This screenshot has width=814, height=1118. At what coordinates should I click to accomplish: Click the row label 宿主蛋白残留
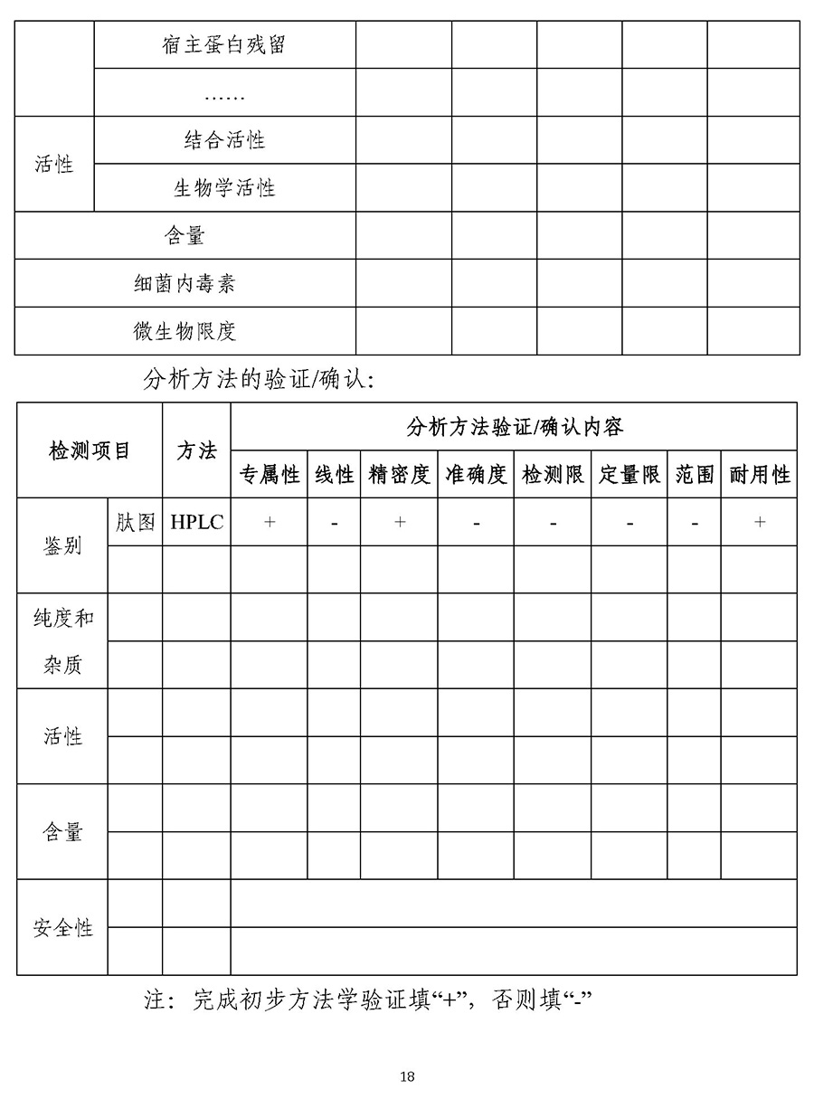tap(224, 44)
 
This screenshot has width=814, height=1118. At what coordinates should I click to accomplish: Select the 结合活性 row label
tap(224, 140)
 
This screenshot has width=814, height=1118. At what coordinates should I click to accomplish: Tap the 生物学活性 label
tap(224, 188)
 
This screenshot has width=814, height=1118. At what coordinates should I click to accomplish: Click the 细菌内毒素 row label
tap(185, 284)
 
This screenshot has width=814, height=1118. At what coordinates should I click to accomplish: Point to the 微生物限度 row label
tap(185, 331)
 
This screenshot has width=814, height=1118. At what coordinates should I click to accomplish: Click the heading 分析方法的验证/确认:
tap(258, 380)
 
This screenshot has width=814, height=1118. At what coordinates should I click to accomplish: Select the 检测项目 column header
tap(90, 450)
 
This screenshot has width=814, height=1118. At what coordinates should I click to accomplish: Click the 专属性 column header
tap(269, 475)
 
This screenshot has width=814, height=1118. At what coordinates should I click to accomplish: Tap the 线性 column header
tap(334, 475)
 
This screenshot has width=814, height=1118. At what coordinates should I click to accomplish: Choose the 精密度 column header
tap(399, 475)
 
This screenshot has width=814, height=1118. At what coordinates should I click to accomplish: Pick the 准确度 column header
tap(476, 475)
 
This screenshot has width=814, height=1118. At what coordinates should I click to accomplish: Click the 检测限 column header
tap(553, 475)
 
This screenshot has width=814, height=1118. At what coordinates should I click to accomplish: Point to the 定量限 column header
tap(629, 475)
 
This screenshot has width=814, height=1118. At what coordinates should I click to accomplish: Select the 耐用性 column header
tap(759, 475)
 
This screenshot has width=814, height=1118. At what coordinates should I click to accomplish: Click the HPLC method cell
tap(196, 523)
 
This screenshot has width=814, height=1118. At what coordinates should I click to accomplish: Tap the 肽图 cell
tap(135, 523)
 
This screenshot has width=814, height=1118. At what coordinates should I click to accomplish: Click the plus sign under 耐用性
tap(759, 523)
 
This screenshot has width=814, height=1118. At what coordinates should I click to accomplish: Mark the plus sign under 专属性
tap(269, 523)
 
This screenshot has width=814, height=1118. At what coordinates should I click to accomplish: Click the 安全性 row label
tap(62, 928)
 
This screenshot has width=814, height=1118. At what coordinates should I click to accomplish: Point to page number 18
tap(407, 1076)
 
